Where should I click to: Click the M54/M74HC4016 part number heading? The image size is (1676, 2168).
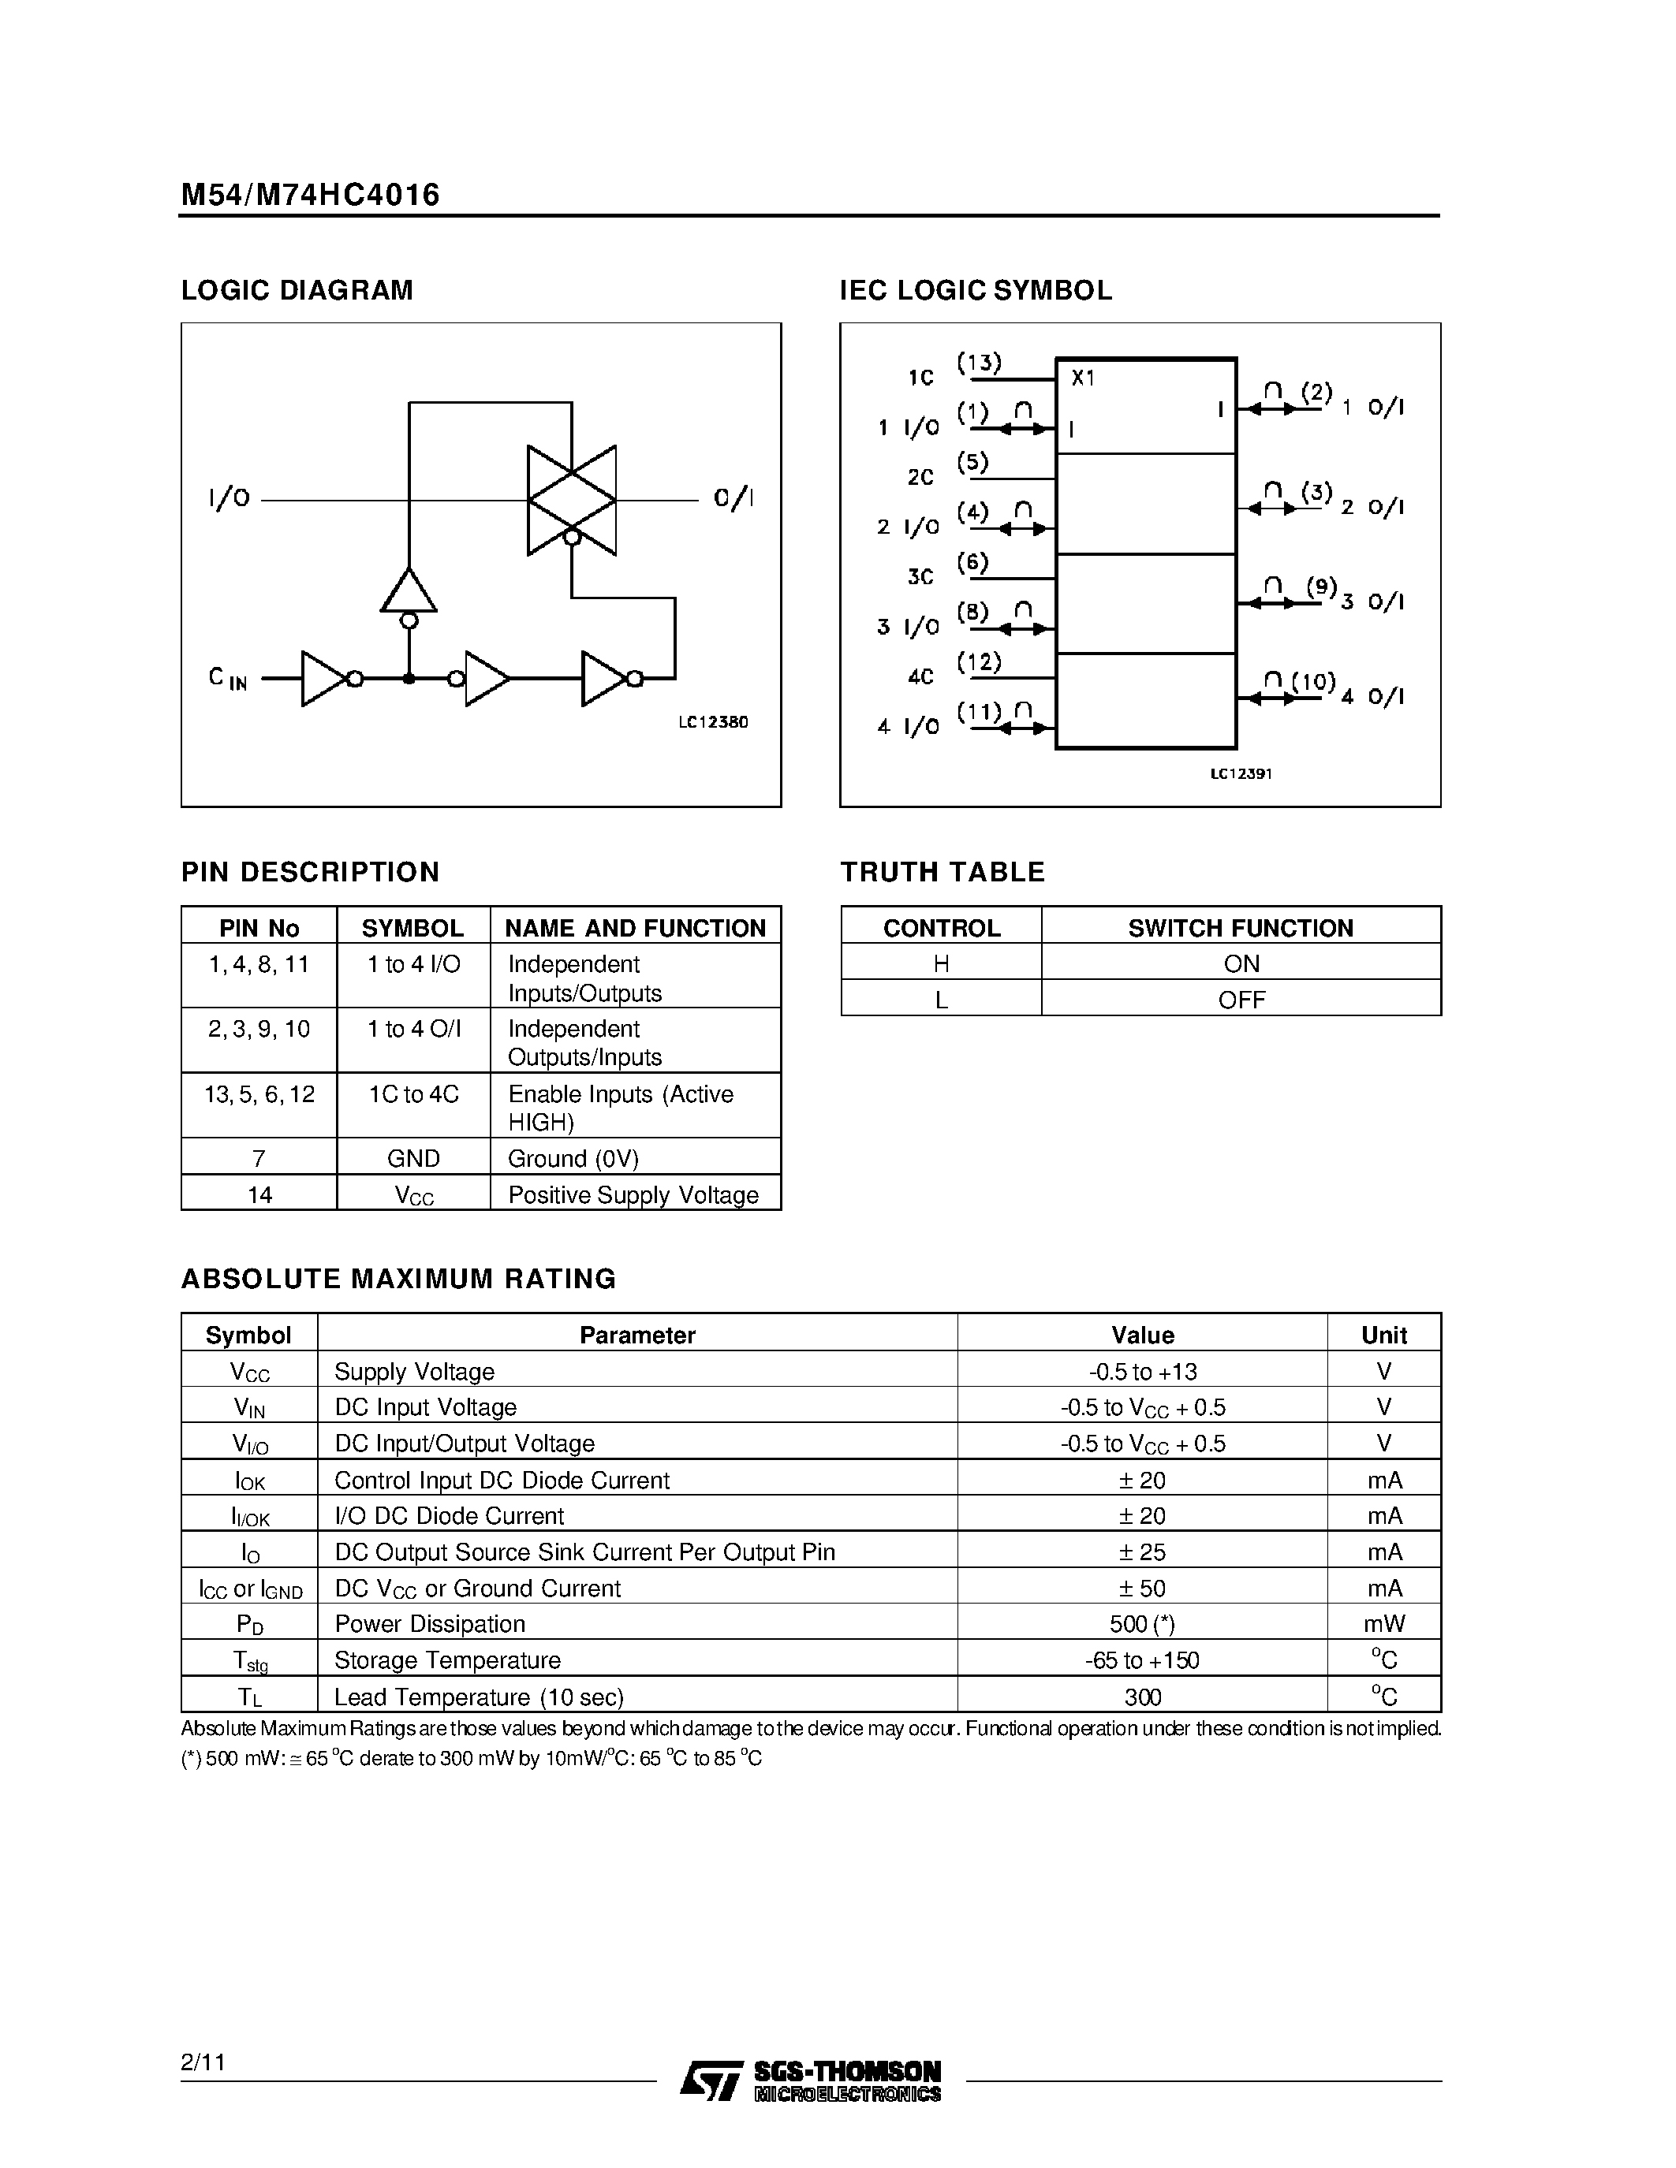tap(310, 194)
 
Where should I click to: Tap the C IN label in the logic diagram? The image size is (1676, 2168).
tap(227, 678)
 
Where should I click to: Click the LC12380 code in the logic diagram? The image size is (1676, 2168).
tap(713, 723)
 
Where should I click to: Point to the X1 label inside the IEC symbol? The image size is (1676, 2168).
tap(1082, 378)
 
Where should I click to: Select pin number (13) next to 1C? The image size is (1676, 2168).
tap(979, 363)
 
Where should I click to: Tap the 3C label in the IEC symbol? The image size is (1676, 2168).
tap(920, 577)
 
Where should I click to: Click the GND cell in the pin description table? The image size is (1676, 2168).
tap(413, 1158)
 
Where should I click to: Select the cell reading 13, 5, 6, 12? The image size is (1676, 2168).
tap(259, 1094)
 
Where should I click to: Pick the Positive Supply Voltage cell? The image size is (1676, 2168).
tap(633, 1194)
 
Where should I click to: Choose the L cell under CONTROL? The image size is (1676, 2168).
tap(941, 1000)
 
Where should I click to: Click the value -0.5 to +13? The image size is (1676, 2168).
tap(1142, 1371)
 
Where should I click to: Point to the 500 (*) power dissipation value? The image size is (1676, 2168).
tap(1142, 1623)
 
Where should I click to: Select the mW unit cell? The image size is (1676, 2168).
tap(1383, 1623)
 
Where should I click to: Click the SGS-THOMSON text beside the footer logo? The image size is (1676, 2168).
tap(847, 2071)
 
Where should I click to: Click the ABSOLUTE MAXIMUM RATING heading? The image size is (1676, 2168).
tap(398, 1279)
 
